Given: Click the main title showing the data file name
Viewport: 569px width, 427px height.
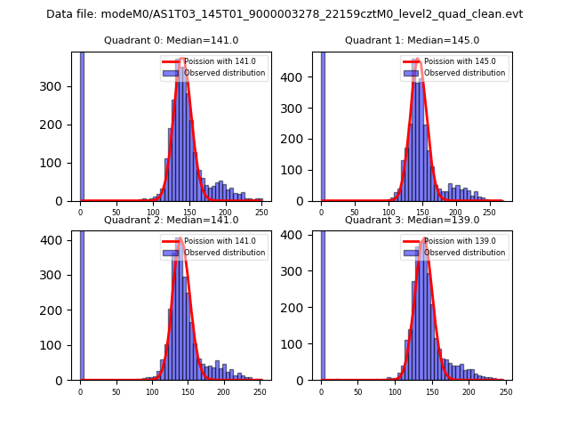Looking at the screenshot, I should coord(284,14).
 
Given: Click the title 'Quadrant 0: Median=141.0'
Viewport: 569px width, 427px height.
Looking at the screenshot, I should coord(171,40).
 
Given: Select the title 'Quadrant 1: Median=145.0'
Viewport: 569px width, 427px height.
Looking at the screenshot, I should coord(412,40).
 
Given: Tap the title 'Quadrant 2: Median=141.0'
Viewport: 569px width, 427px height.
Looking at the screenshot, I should coord(171,220).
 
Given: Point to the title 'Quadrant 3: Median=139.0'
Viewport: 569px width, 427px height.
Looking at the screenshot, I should coord(412,220).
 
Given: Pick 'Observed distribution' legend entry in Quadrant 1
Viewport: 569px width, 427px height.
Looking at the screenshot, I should coord(463,73).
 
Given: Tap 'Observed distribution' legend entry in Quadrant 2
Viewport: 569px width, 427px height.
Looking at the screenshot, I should coord(223,253).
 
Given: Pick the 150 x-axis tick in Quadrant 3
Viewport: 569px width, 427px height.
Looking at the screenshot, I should coord(431,391).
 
